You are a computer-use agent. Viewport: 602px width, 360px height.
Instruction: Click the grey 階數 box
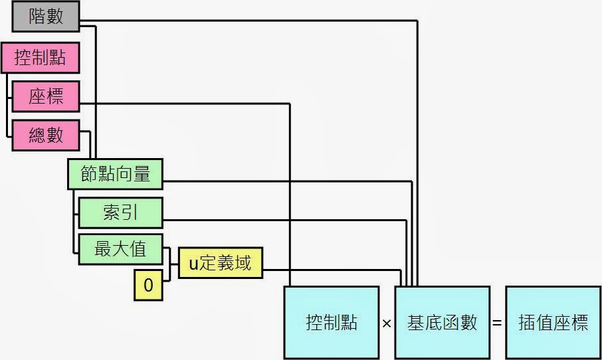46,17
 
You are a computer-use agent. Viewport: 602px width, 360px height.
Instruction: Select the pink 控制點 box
40,58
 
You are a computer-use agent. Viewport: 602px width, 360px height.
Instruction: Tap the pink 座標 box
46,97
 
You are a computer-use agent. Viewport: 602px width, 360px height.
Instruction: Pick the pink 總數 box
46,135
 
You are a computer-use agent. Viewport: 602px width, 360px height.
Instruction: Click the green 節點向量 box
116,175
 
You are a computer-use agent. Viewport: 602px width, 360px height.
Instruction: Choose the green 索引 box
120,213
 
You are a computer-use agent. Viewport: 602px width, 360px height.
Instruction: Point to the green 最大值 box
120,249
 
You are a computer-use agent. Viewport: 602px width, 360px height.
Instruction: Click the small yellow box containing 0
148,286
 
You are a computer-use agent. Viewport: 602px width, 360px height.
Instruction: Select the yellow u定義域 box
221,264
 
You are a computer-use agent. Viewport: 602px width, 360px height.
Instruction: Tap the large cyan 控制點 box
332,323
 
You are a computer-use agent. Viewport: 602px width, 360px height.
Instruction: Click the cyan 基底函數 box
443,323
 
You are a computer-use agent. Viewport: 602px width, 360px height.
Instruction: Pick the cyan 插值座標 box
553,323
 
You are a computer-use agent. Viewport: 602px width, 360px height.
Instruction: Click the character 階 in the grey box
37,17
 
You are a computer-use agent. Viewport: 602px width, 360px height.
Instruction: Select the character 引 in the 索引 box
130,213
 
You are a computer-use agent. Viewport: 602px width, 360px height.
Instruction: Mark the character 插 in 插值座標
527,323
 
